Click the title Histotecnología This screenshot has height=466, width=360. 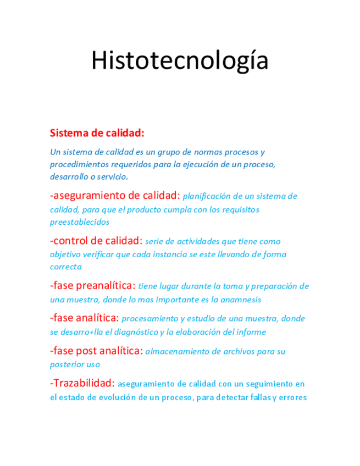tap(179, 61)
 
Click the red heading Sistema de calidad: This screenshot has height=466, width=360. tap(97, 133)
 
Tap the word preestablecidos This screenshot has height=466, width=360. tap(79, 222)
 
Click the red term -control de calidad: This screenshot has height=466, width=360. tap(96, 241)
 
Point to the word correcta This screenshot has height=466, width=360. tap(65, 267)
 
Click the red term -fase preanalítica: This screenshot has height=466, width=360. tap(92, 286)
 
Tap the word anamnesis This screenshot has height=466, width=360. tap(243, 299)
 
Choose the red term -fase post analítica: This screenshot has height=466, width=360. tap(96, 351)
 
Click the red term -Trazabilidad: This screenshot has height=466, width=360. tap(82, 383)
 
